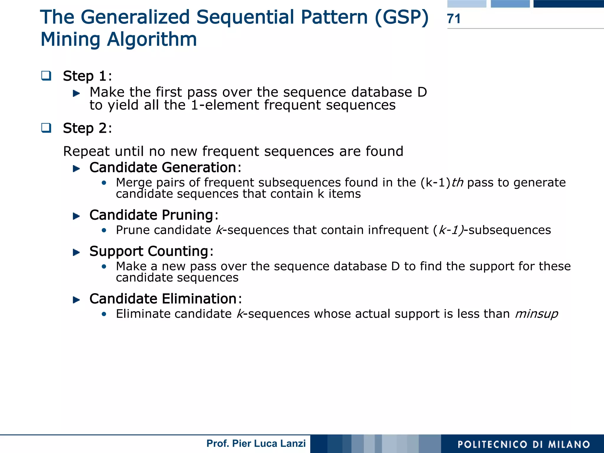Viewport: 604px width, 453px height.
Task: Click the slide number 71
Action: point(454,19)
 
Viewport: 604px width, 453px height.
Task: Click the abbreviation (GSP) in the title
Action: point(401,17)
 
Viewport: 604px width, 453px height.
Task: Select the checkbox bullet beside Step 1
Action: point(46,76)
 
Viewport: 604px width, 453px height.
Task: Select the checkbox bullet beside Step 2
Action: point(46,128)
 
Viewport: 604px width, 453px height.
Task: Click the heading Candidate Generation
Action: point(163,168)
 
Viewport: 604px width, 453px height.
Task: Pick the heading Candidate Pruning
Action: point(151,215)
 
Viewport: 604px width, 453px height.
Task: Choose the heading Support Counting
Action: point(149,251)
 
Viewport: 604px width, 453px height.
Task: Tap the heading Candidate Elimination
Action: point(163,299)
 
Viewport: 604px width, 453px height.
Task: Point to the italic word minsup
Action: point(536,314)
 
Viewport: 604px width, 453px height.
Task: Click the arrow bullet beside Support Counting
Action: point(76,252)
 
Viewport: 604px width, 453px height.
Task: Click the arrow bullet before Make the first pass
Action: point(76,93)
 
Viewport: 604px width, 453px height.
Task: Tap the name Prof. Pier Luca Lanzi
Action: point(256,444)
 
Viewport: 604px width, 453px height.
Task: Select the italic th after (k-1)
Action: point(457,183)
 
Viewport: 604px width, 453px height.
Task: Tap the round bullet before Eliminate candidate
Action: point(104,314)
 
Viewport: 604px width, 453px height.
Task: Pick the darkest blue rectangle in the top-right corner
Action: point(568,4)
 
